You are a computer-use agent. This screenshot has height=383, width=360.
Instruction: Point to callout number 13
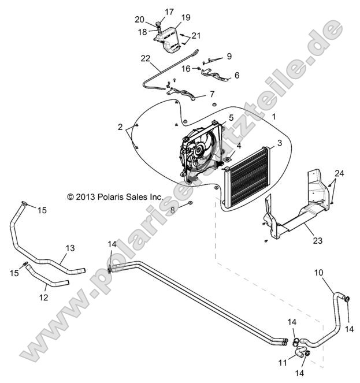69,248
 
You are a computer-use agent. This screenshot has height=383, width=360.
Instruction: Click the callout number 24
339,174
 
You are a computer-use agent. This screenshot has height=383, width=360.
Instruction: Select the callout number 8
172,210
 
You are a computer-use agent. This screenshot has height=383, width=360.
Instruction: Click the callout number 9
229,56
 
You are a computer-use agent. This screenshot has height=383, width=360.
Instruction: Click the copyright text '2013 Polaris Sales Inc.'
114,196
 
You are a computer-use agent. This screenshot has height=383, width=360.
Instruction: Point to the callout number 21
196,36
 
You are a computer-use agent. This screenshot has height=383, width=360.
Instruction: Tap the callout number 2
120,127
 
